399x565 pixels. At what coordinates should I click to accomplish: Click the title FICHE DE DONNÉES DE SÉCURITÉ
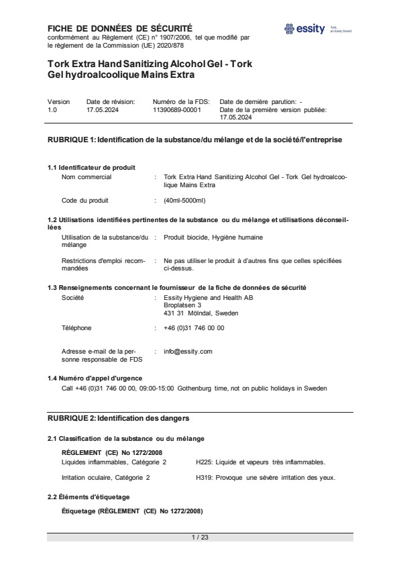[119, 28]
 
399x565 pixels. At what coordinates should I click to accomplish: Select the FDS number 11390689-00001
[177, 109]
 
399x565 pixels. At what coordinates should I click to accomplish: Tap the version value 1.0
[52, 109]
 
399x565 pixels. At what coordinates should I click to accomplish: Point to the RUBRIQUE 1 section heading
[194, 140]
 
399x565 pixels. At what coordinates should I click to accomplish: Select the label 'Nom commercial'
[87, 177]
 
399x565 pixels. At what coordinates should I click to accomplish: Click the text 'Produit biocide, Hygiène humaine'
[213, 237]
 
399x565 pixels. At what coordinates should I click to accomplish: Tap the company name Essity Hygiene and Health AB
[209, 297]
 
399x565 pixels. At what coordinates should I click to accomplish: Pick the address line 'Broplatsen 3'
[182, 305]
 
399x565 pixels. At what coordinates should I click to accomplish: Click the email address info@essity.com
[188, 351]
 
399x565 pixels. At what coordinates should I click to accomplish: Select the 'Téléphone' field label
[76, 328]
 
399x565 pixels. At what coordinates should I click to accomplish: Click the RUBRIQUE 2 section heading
[118, 418]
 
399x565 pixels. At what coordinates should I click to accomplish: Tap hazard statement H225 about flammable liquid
[260, 462]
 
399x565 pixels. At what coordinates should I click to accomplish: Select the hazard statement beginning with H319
[265, 477]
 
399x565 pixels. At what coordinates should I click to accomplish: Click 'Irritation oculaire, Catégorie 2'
[105, 477]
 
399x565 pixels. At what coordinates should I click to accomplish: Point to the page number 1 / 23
[200, 537]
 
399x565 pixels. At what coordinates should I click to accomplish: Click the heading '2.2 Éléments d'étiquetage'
[89, 497]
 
